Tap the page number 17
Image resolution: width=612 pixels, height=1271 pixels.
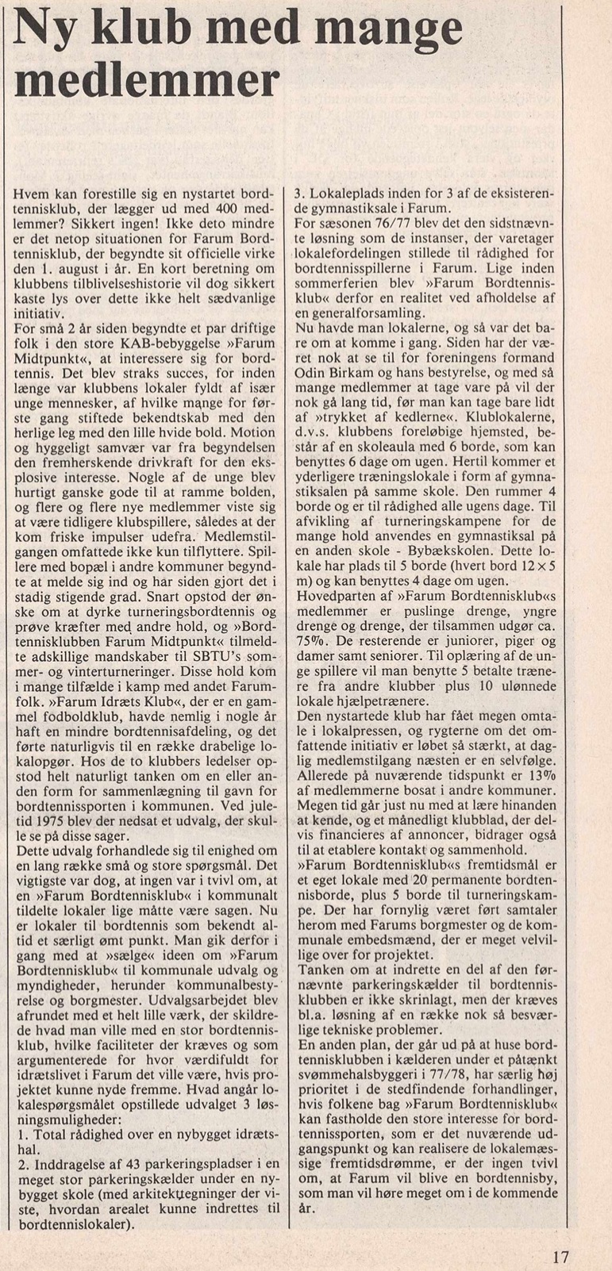tap(560, 1258)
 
